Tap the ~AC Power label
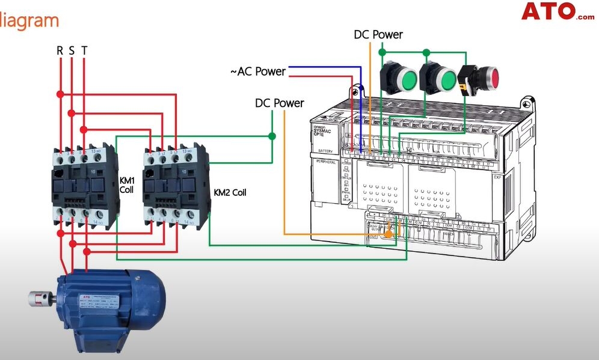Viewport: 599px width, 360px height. coord(257,72)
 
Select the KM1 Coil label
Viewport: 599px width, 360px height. coord(126,185)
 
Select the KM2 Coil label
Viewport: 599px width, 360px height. coord(230,193)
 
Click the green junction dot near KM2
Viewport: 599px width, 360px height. coord(272,136)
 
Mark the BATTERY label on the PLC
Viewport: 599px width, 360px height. coord(325,151)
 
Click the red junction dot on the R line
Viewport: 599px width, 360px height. coord(60,94)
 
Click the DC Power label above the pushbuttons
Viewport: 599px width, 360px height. coord(378,35)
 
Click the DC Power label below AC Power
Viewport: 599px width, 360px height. coord(280,103)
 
